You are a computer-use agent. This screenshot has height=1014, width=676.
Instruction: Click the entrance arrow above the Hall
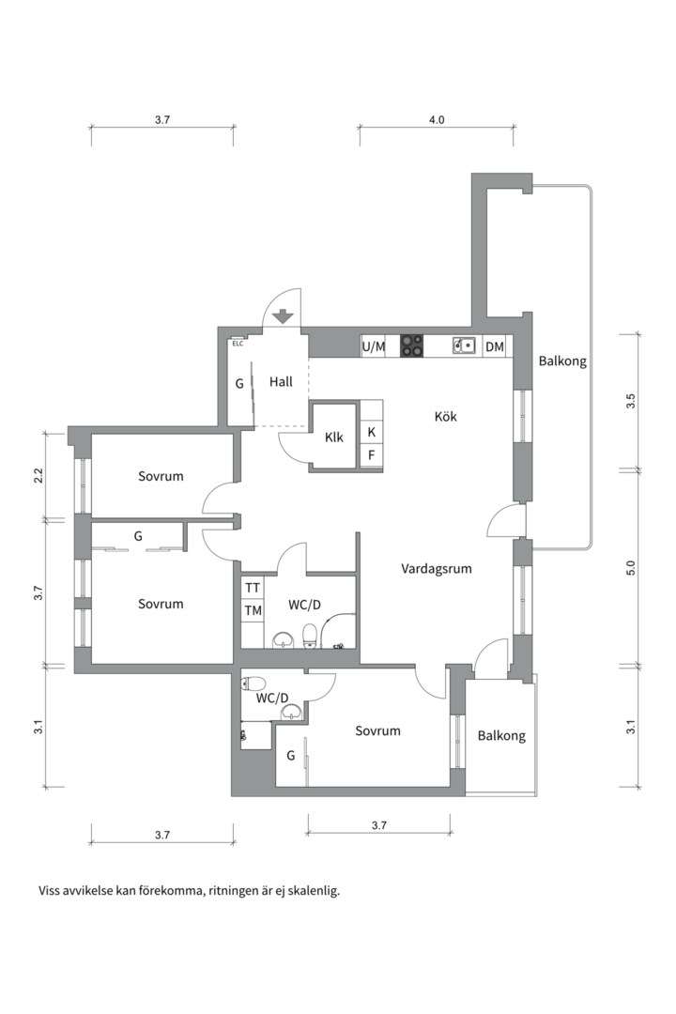point(283,317)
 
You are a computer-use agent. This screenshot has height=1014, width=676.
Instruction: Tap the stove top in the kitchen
point(411,346)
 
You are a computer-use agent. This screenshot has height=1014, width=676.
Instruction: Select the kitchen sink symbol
point(464,346)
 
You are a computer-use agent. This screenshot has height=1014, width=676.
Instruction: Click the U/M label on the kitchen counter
point(374,347)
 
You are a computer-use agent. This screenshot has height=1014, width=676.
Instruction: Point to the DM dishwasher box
point(494,347)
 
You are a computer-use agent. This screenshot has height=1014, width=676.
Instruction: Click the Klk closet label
point(334,438)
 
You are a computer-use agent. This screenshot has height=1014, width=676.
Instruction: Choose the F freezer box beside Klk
point(371,455)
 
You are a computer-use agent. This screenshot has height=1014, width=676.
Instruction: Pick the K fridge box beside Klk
point(371,432)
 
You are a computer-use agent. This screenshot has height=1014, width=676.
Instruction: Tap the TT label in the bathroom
point(253,588)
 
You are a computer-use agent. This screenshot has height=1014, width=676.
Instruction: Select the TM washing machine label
point(253,610)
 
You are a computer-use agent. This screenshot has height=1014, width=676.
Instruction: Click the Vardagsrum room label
point(436,569)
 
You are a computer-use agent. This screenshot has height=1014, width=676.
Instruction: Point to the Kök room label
point(446,417)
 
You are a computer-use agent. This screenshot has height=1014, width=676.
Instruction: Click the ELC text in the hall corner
point(238,344)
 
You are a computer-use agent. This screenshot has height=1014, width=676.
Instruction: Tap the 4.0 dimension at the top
point(437,119)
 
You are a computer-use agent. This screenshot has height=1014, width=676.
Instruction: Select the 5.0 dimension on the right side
point(631,568)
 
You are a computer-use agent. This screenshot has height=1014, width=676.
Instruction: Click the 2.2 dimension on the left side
point(38,475)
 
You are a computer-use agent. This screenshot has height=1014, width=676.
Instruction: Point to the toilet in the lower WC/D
point(254,683)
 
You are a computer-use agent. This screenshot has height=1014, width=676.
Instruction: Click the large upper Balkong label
point(562,361)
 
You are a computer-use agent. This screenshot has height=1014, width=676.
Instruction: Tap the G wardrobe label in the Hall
point(239,383)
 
